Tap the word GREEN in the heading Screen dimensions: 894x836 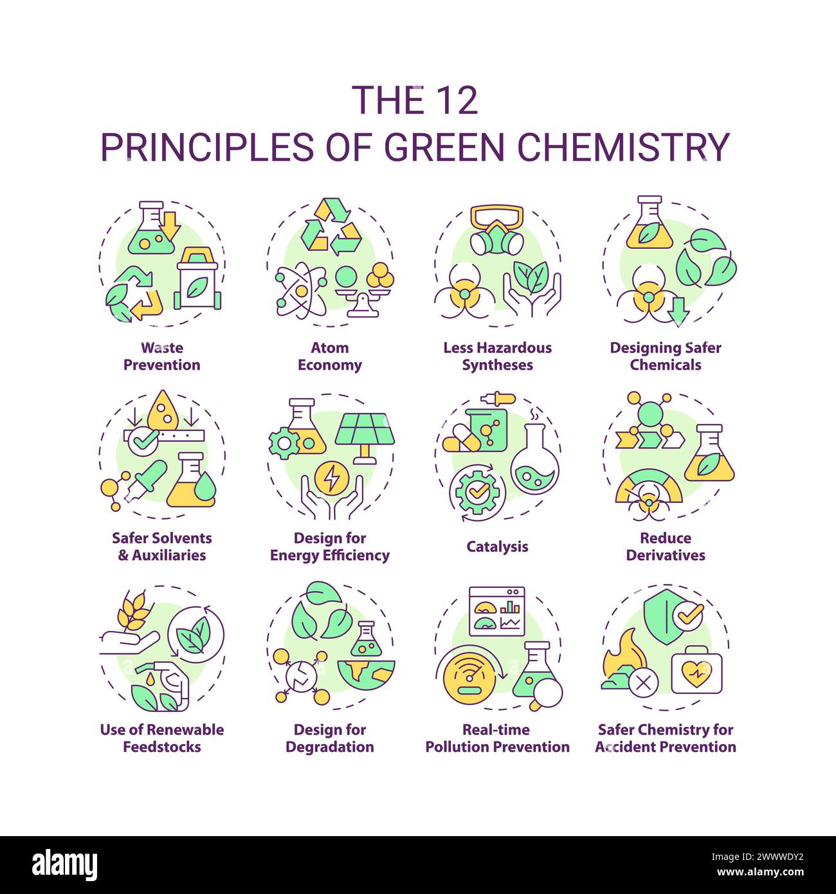tap(444, 147)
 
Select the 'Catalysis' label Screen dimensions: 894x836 tap(497, 547)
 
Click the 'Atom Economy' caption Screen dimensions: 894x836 tap(329, 356)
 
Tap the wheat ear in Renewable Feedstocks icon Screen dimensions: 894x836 tap(134, 611)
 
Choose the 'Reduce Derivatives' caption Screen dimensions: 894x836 tap(666, 547)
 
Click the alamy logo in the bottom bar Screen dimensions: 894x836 tap(64, 864)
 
